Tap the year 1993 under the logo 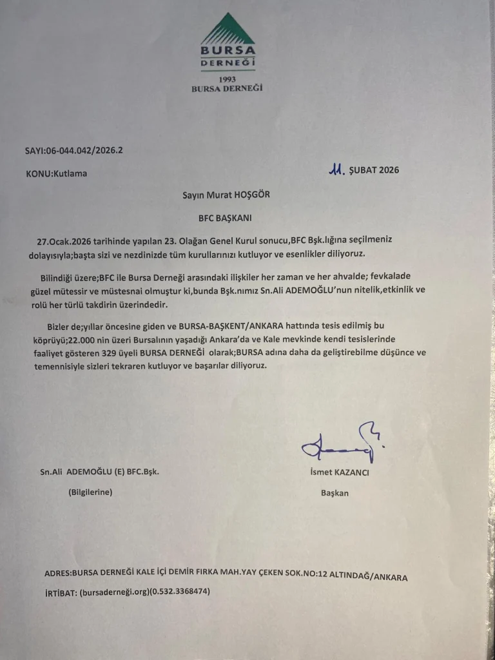[x=228, y=79]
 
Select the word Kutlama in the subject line [x=70, y=173]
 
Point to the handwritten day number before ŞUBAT [x=336, y=170]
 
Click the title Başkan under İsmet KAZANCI [x=335, y=493]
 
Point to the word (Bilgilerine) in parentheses [x=90, y=492]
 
